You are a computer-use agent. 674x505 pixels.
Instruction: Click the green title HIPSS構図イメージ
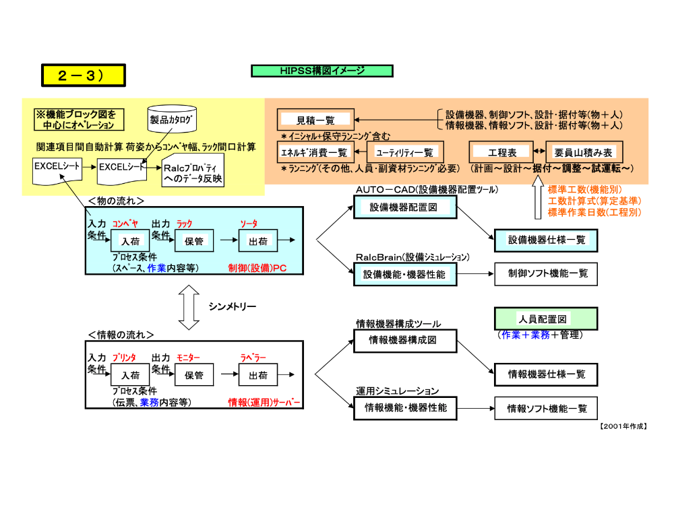pyautogui.click(x=322, y=71)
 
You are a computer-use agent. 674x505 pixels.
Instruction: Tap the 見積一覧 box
pyautogui.click(x=316, y=120)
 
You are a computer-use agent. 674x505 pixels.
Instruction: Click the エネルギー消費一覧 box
pyautogui.click(x=314, y=152)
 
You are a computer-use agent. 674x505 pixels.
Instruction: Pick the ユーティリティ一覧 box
pyautogui.click(x=404, y=152)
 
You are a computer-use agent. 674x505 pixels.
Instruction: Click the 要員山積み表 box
pyautogui.click(x=582, y=152)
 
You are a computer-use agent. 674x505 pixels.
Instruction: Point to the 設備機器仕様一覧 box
pyautogui.click(x=547, y=240)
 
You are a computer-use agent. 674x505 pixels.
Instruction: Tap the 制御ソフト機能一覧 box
pyautogui.click(x=547, y=273)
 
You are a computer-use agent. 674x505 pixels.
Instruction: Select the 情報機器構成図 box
pyautogui.click(x=402, y=341)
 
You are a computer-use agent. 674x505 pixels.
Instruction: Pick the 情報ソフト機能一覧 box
pyautogui.click(x=547, y=407)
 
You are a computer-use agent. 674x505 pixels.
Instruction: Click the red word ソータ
pyautogui.click(x=249, y=224)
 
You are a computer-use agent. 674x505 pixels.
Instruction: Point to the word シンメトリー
pyautogui.click(x=232, y=307)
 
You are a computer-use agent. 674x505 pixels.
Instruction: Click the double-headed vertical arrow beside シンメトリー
pyautogui.click(x=190, y=306)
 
